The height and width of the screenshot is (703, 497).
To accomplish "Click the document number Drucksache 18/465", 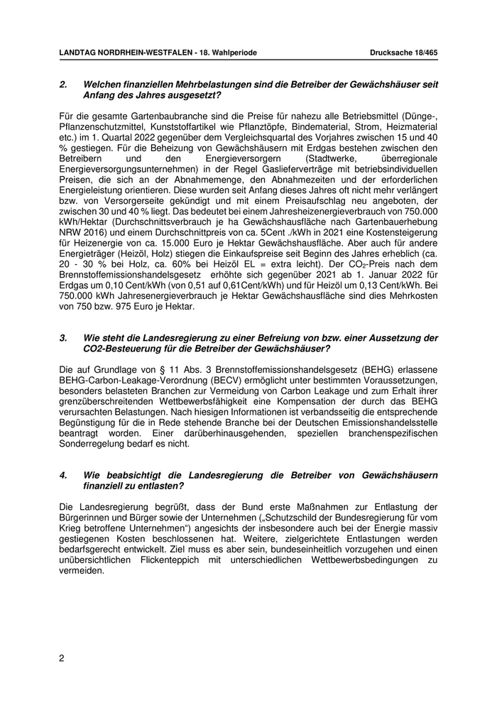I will click(404, 53).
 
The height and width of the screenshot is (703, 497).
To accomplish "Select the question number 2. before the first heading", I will click(63, 85).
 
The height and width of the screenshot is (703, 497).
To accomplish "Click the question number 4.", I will click(63, 475).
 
